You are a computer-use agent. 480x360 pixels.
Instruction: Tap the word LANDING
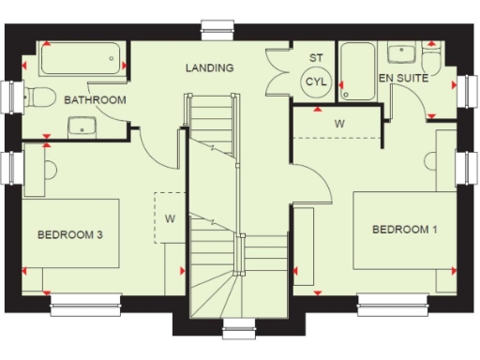pos(209,68)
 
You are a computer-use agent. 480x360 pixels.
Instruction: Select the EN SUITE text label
pos(403,79)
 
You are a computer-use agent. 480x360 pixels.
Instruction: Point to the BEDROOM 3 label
pos(70,234)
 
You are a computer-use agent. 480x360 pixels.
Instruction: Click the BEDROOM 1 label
pos(404,230)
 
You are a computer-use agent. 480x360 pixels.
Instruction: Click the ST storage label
pos(315,58)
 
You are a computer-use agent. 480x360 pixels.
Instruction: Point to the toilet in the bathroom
pos(37,96)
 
